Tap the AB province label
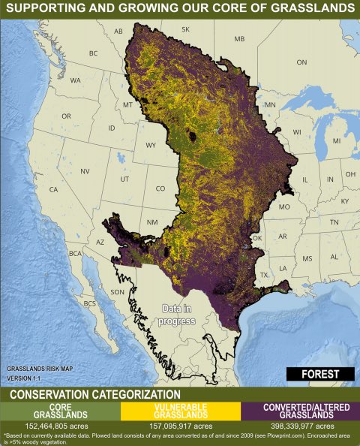pos(118,32)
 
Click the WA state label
pos(76,80)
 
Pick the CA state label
pos(53,189)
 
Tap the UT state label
pos(124,179)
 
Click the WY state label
pos(151,144)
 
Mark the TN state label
pos(334,222)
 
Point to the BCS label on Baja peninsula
pos(90,303)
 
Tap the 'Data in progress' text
pos(179,315)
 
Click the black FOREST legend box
pos(320,374)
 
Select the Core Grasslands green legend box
pos(60,411)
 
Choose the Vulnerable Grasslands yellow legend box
pos(179,411)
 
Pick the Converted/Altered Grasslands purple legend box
pos(299,411)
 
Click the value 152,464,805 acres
pos(60,425)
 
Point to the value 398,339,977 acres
pos(299,425)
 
